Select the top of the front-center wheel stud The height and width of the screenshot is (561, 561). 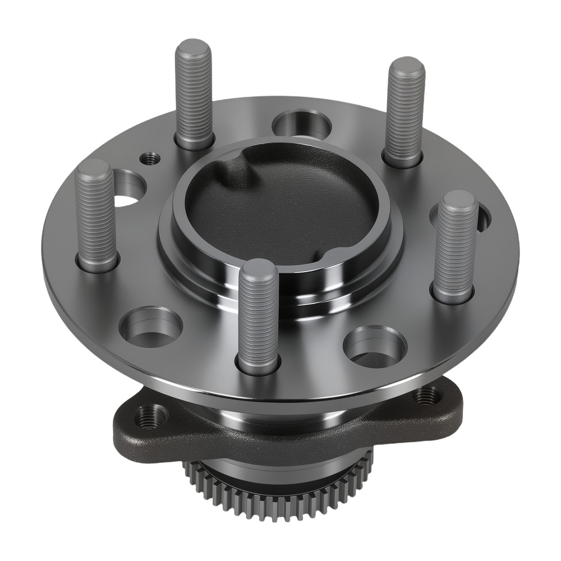[258, 268]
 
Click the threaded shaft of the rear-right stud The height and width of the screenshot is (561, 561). [404, 112]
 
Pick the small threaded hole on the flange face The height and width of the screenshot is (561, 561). [150, 159]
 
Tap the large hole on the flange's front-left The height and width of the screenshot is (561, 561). [151, 327]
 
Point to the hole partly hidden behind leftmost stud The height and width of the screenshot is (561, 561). [128, 188]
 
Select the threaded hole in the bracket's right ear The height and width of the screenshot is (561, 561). [427, 396]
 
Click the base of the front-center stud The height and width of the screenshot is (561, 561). [259, 365]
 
